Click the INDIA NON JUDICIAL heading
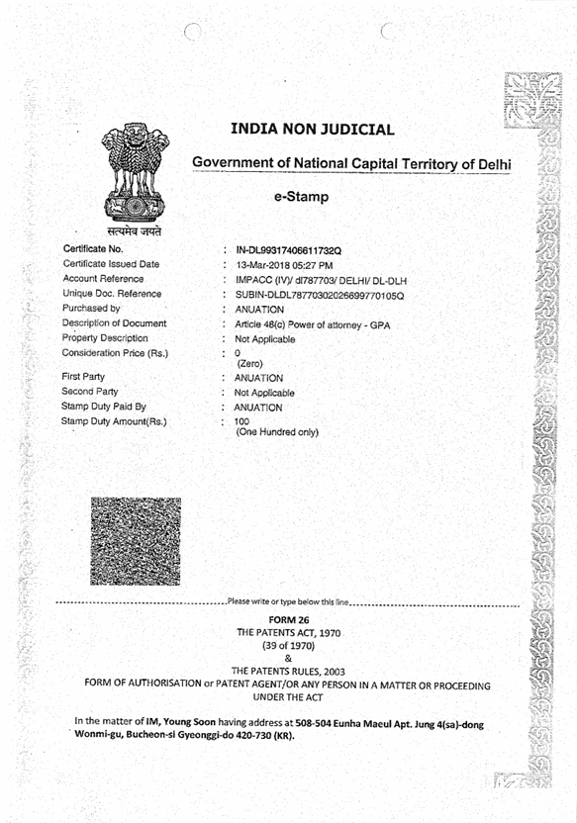[x=312, y=129]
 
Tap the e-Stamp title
[x=302, y=197]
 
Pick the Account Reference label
[x=104, y=279]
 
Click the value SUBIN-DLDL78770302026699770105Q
[x=320, y=295]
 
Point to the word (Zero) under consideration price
[x=248, y=364]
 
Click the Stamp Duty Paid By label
[x=104, y=406]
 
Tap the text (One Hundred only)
[x=276, y=432]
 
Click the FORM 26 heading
[x=288, y=619]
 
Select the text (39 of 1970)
[x=288, y=644]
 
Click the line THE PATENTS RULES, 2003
[x=288, y=671]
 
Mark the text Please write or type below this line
[x=288, y=600]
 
